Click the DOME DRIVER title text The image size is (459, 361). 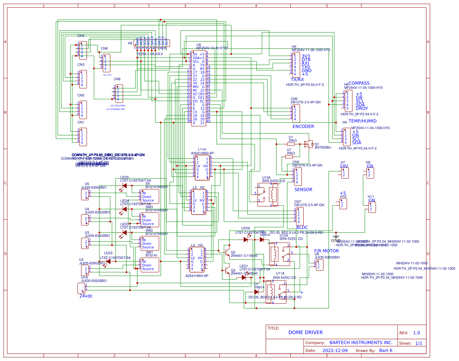[306, 333]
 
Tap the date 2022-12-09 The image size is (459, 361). [335, 351]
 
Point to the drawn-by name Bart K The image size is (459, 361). [386, 351]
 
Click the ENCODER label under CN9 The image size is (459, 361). [303, 127]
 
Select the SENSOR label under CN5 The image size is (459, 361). [303, 190]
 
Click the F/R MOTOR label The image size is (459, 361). [326, 251]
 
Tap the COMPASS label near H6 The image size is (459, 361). [359, 83]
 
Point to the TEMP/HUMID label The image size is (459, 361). [362, 121]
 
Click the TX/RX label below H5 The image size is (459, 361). [297, 80]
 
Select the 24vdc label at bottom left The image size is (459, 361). [86, 296]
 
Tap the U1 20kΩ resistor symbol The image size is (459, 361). [291, 144]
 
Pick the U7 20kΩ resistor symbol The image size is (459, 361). [289, 157]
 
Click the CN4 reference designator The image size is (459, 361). [81, 36]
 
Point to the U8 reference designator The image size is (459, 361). [199, 45]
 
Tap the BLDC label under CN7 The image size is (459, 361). [302, 228]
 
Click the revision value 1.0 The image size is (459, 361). [416, 333]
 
